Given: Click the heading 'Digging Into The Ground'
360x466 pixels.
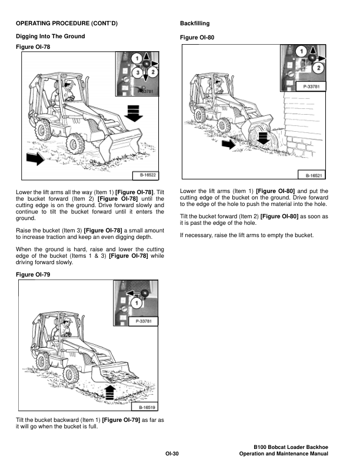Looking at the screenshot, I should [x=50, y=36].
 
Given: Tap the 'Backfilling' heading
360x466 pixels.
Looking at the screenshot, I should [x=194, y=24].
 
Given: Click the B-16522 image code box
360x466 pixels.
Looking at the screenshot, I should [x=148, y=175].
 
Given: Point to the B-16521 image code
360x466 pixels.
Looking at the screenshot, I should [x=315, y=175].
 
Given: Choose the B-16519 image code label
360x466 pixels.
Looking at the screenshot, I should [x=148, y=407].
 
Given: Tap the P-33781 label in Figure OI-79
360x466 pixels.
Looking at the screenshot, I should [x=145, y=321].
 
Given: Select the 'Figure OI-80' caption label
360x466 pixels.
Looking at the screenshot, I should [x=197, y=38].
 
